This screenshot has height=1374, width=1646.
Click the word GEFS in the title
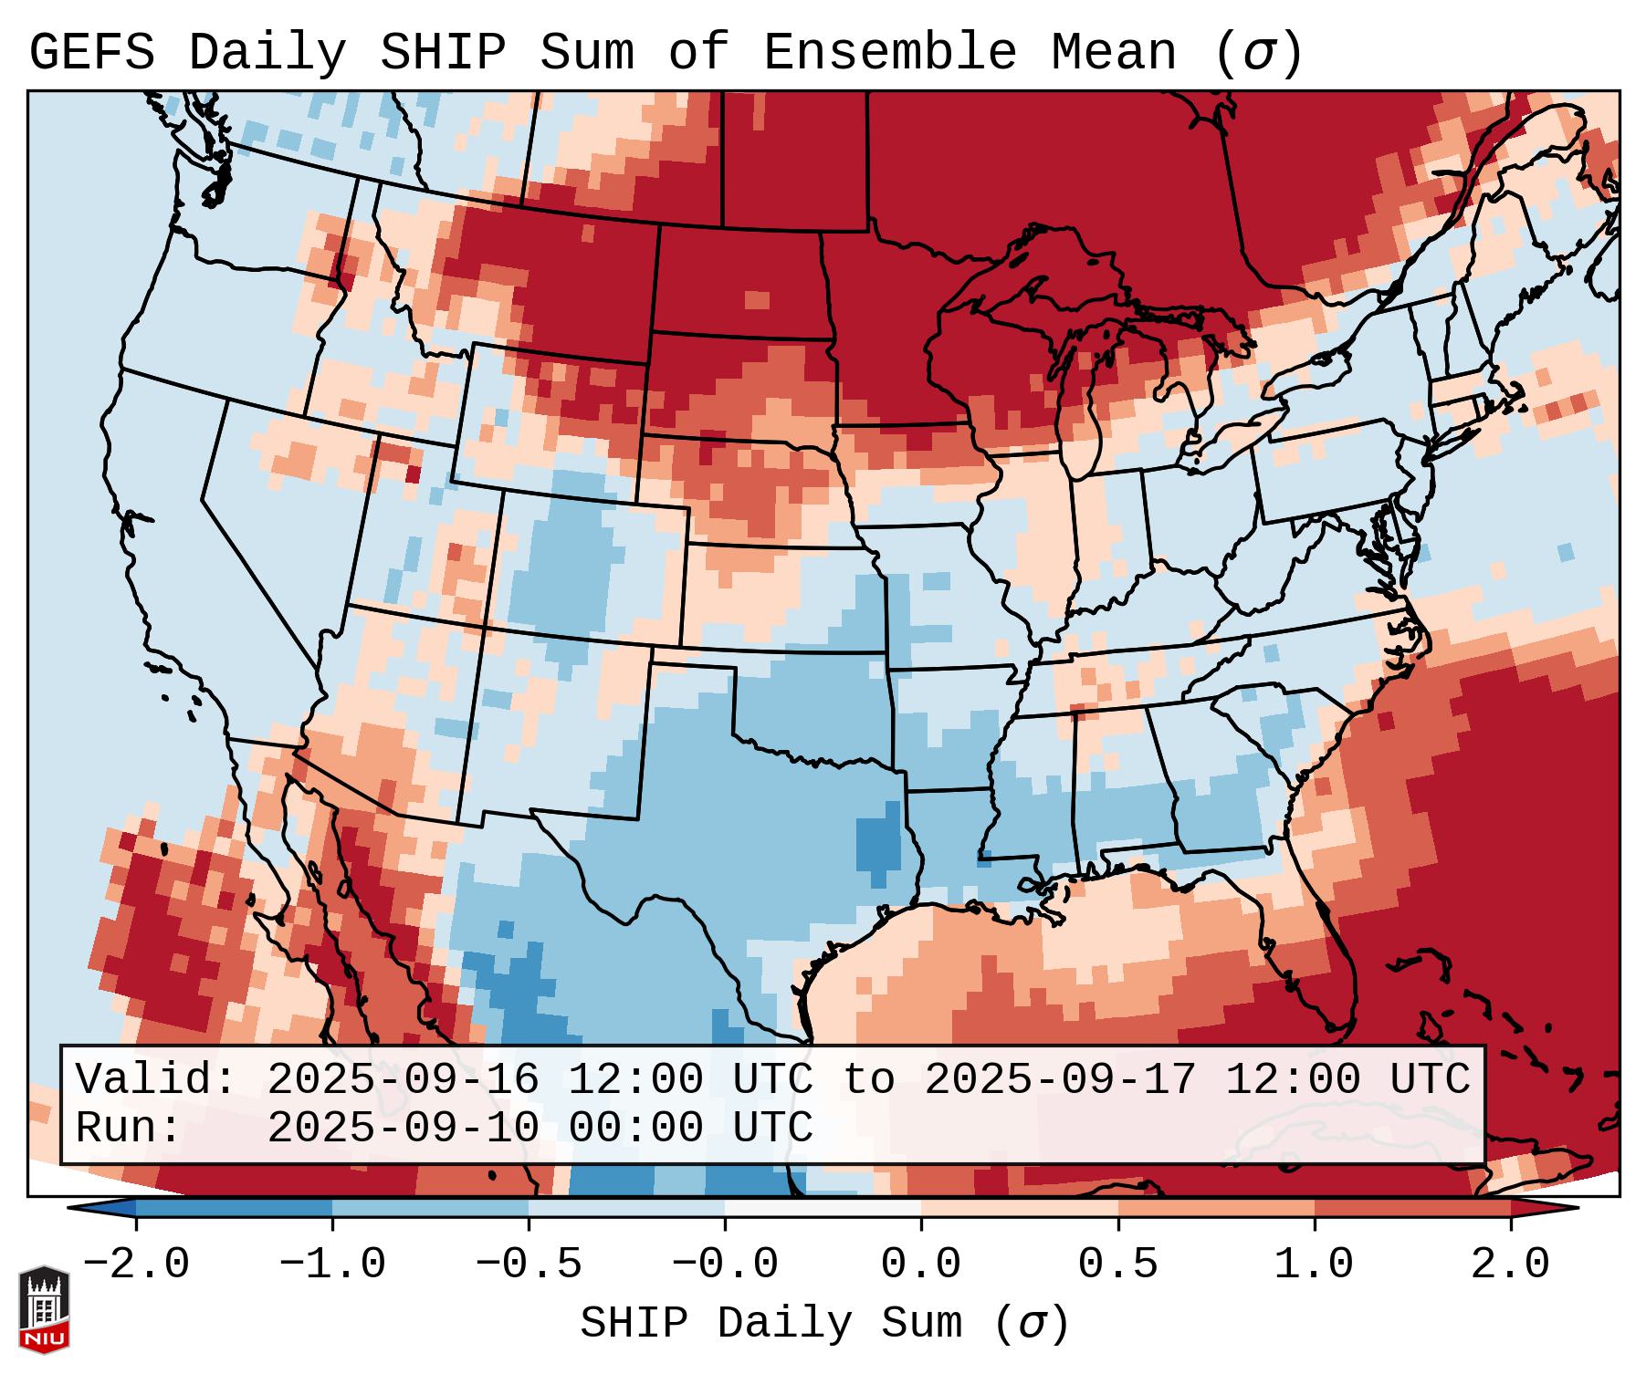[x=92, y=53]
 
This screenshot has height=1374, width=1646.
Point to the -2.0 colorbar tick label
[x=136, y=1265]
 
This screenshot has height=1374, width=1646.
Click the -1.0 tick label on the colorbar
[x=332, y=1265]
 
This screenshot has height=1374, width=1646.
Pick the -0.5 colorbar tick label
[x=529, y=1265]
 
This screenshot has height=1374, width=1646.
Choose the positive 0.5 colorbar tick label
[x=1117, y=1265]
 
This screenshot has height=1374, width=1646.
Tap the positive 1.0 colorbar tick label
[x=1314, y=1265]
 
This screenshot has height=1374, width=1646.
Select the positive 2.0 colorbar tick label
[x=1511, y=1265]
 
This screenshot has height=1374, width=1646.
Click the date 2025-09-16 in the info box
[x=404, y=1080]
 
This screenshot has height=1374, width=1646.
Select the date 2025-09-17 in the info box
[x=1061, y=1080]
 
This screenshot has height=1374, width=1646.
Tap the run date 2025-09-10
[x=404, y=1128]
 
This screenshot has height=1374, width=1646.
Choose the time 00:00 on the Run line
[x=636, y=1128]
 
